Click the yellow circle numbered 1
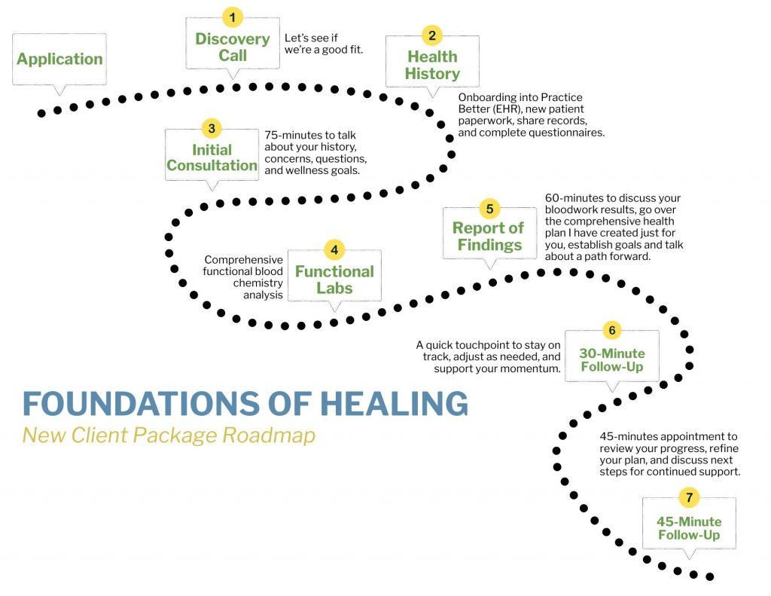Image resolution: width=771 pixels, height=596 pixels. point(233,17)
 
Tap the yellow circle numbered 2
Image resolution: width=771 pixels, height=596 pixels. point(431,35)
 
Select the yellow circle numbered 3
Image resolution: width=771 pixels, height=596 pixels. point(212,128)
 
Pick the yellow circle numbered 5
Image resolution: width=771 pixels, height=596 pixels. point(489,209)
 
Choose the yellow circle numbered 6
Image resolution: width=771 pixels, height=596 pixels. point(611,330)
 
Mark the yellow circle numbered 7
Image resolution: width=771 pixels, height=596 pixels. point(688,497)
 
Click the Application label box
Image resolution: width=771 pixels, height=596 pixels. point(59,59)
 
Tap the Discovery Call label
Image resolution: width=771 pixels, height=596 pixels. point(233,47)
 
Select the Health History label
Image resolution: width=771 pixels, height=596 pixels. point(432,66)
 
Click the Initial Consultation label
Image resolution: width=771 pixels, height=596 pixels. point(212,157)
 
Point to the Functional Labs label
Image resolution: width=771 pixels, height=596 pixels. point(334,279)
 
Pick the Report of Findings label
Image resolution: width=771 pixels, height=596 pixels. point(489,237)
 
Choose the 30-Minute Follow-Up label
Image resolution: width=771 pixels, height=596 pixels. point(612,360)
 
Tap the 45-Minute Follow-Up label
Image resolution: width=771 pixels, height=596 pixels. point(689,528)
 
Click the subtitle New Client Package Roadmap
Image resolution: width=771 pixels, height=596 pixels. point(168,436)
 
